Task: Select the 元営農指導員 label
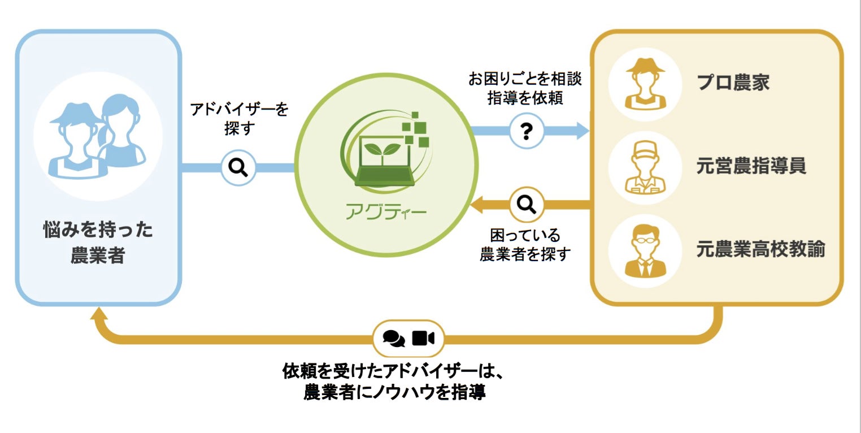(751, 166)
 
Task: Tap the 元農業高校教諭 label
(760, 249)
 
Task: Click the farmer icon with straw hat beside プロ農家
(645, 83)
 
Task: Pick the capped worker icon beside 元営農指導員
(645, 167)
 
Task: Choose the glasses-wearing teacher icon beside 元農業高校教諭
(645, 250)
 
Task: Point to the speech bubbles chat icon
(393, 338)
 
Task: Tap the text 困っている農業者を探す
(525, 244)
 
